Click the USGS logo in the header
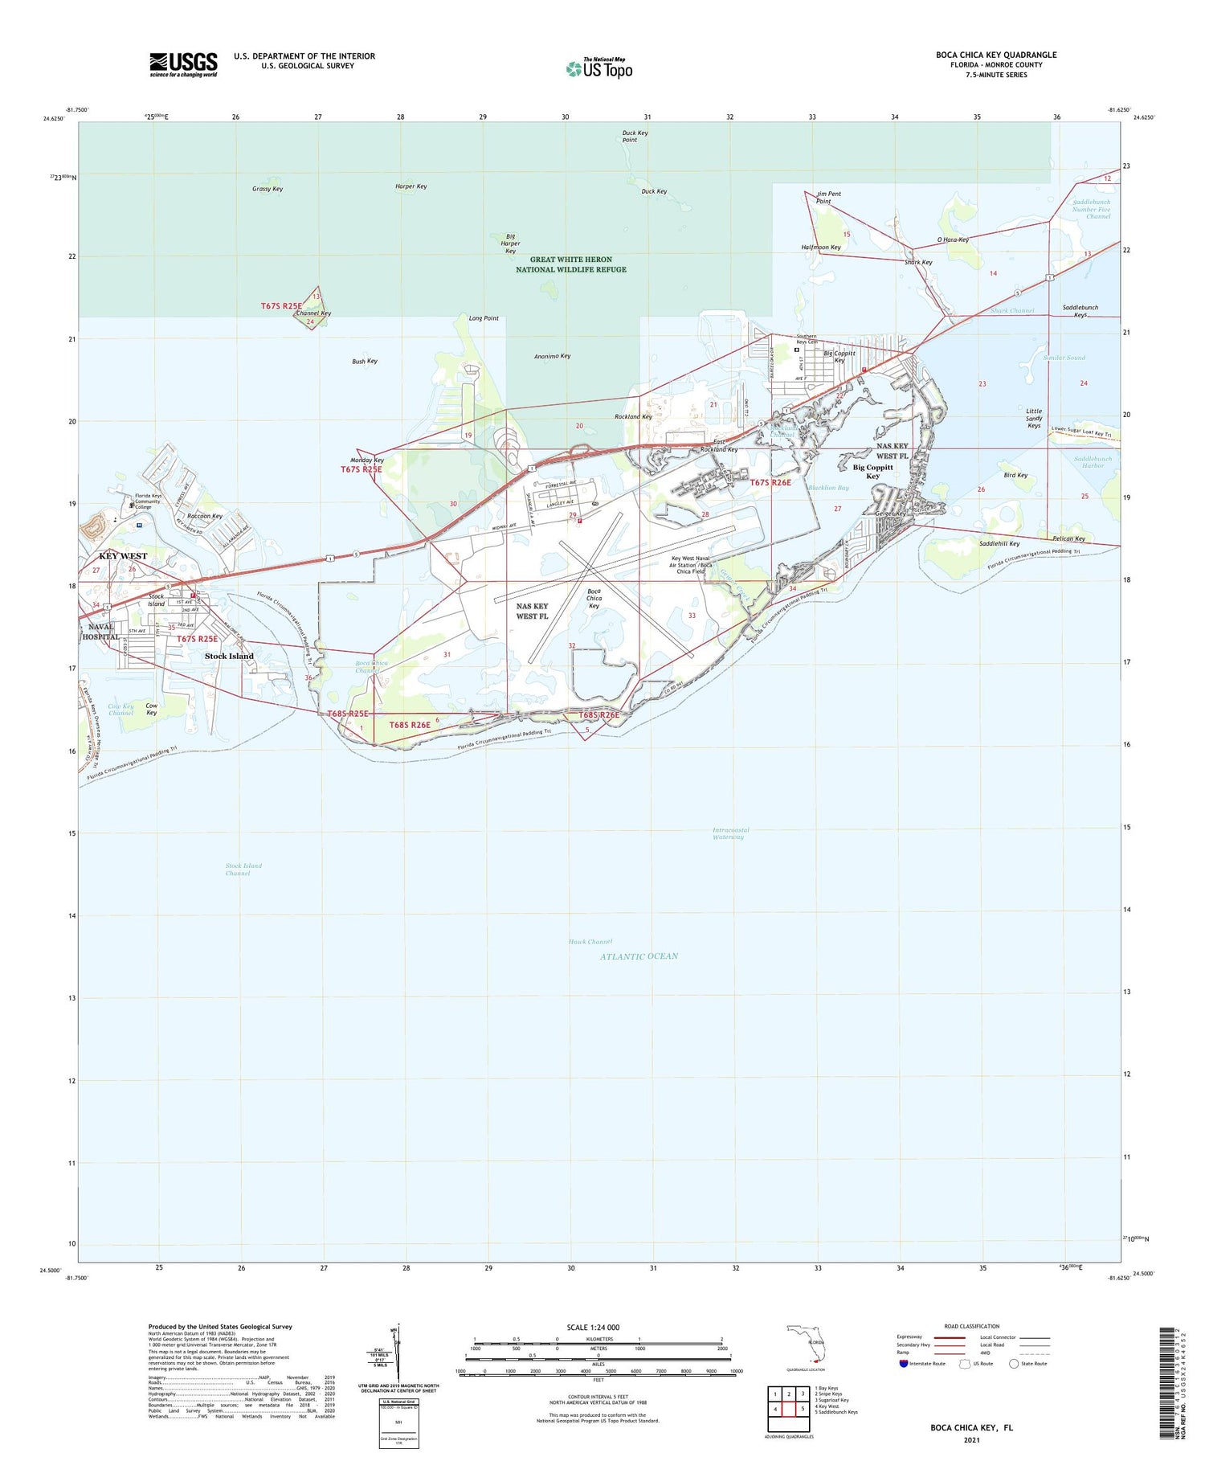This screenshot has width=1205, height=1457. pos(183,64)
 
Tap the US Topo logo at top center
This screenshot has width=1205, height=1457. pos(599,68)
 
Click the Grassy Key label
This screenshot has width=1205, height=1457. pos(268,189)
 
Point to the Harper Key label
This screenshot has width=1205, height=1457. pos(411,186)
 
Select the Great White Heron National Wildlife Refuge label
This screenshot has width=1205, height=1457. pos(570,264)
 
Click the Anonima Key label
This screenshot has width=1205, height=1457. pos(552,356)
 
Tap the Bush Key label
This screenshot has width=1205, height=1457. pos(364,362)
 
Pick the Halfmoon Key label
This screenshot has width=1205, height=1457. pos(821,248)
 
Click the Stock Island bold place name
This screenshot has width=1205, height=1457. pos(229,656)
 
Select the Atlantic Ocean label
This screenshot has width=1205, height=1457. pos(639,956)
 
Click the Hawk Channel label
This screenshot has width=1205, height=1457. pos(590,942)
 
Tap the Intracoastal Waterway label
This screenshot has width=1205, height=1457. pos(728,833)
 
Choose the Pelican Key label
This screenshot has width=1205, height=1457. pos(1068,538)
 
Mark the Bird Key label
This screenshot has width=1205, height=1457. pos(1015,475)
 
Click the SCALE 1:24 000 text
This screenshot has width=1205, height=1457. pos(598,1327)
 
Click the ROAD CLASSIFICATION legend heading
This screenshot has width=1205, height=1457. pos(972,1326)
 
